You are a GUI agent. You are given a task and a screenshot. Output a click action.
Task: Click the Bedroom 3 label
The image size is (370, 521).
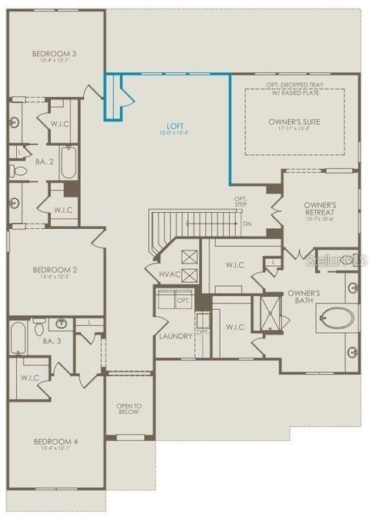[x=48, y=53]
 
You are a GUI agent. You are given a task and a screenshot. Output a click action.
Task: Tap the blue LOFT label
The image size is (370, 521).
[x=175, y=125]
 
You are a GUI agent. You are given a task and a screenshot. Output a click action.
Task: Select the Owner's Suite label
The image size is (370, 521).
[x=294, y=122]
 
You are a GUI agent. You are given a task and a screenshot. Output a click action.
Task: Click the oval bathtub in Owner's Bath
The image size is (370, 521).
[x=337, y=317]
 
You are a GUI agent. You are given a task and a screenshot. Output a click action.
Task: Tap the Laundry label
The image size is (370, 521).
[x=175, y=336]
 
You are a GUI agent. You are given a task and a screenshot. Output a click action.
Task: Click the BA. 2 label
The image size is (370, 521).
[x=43, y=162]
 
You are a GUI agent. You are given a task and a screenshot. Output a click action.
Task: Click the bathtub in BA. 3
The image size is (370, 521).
[x=18, y=337]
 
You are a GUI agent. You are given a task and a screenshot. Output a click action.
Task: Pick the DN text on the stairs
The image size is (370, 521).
[x=247, y=224]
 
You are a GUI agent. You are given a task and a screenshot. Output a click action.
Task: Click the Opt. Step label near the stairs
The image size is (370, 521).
[x=241, y=202]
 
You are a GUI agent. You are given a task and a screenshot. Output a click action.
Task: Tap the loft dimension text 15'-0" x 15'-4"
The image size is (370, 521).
[x=175, y=133]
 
